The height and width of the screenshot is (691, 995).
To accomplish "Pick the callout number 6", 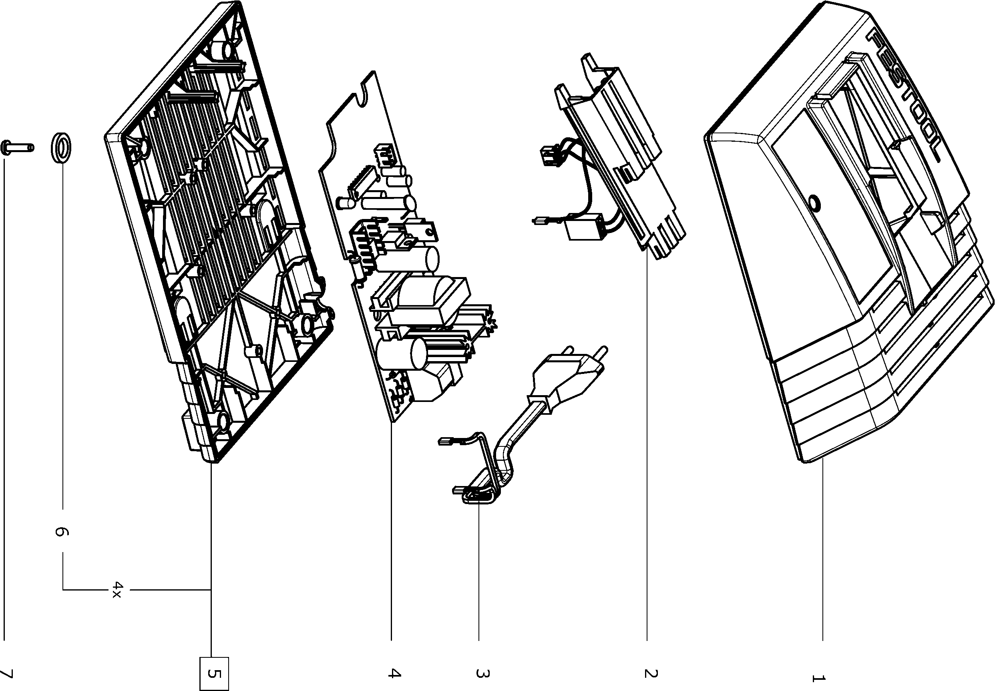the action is pyautogui.click(x=61, y=531).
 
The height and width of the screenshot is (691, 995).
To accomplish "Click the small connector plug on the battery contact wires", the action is pyautogui.click(x=549, y=156).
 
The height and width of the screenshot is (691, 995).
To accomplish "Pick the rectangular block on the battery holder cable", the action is pyautogui.click(x=585, y=228).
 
